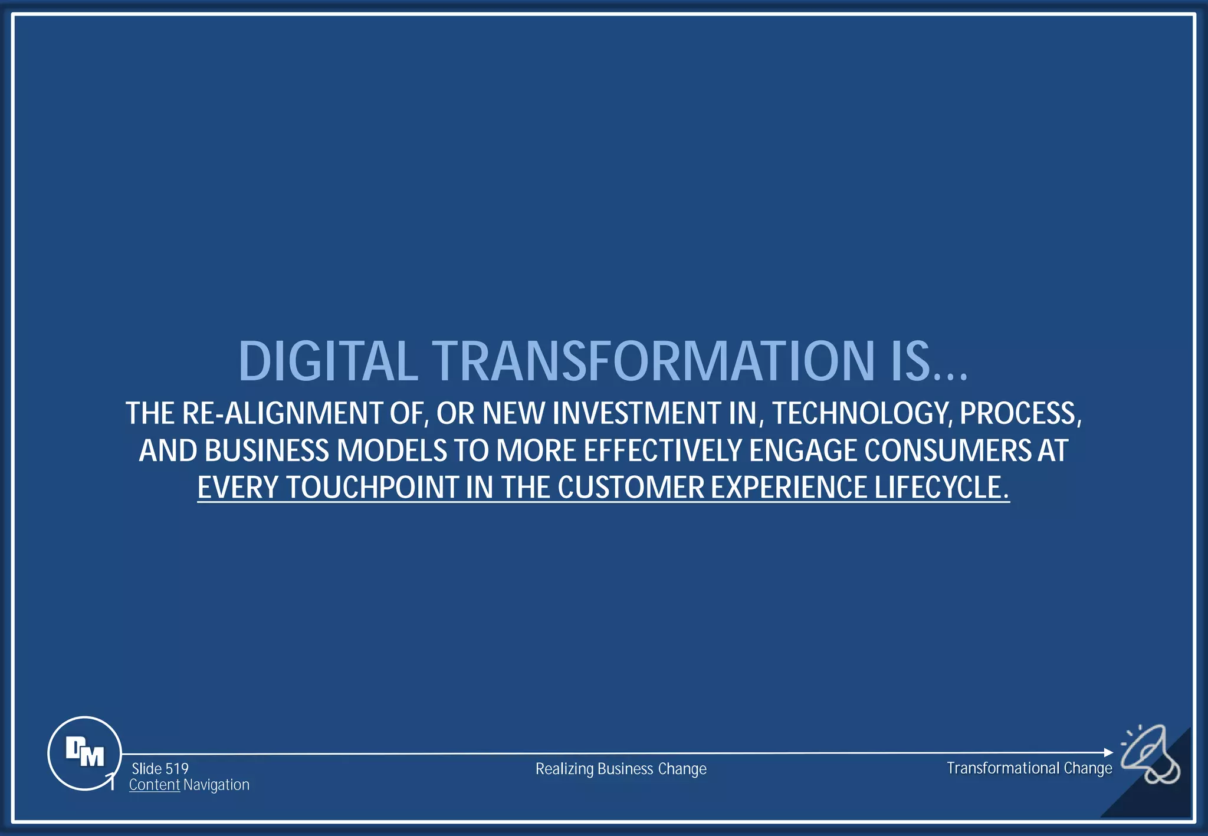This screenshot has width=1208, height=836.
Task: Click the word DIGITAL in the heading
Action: tap(328, 361)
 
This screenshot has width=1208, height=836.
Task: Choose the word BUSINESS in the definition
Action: tap(267, 450)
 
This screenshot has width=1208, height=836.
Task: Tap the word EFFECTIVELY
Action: tap(662, 450)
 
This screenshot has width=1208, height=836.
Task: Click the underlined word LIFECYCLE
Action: tap(941, 488)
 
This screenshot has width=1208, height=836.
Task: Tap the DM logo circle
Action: tap(84, 753)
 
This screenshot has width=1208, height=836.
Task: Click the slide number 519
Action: tap(176, 769)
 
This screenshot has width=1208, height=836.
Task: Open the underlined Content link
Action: tap(155, 785)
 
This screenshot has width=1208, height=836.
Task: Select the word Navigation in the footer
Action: tap(216, 785)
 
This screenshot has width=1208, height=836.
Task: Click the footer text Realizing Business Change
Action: tap(621, 769)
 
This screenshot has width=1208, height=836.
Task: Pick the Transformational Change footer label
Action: tap(1029, 768)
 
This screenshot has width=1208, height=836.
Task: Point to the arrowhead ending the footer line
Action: tap(1108, 752)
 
